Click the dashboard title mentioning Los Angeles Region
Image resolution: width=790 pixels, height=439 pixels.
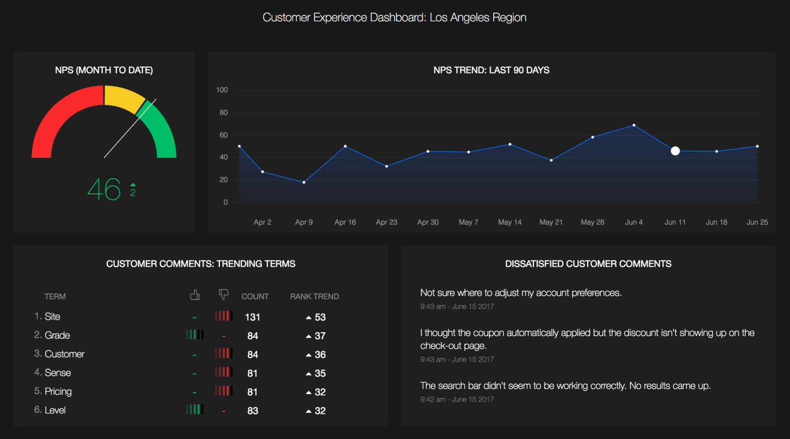click(394, 18)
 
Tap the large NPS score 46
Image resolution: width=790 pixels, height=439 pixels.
click(104, 189)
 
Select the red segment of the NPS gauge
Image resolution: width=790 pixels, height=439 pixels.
click(59, 117)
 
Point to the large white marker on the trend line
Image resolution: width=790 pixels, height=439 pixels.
click(675, 151)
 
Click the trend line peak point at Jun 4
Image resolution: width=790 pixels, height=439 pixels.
click(634, 125)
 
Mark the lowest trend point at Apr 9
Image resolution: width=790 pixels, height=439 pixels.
click(304, 182)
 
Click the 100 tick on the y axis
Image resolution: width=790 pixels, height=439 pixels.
click(222, 90)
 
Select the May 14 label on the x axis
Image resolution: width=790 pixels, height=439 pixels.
click(510, 222)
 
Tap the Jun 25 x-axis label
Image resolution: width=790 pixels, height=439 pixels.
click(757, 222)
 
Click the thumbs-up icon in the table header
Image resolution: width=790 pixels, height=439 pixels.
click(195, 294)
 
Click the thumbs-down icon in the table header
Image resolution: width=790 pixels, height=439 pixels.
click(224, 294)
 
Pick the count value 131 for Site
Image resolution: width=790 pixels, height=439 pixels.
click(252, 317)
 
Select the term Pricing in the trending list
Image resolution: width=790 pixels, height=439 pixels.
click(58, 392)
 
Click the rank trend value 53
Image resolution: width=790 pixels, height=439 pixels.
click(320, 317)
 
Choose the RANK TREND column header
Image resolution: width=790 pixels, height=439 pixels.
click(314, 297)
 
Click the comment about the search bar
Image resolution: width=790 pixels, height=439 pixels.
click(565, 386)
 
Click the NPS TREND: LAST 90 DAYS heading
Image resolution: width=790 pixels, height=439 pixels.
click(491, 70)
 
